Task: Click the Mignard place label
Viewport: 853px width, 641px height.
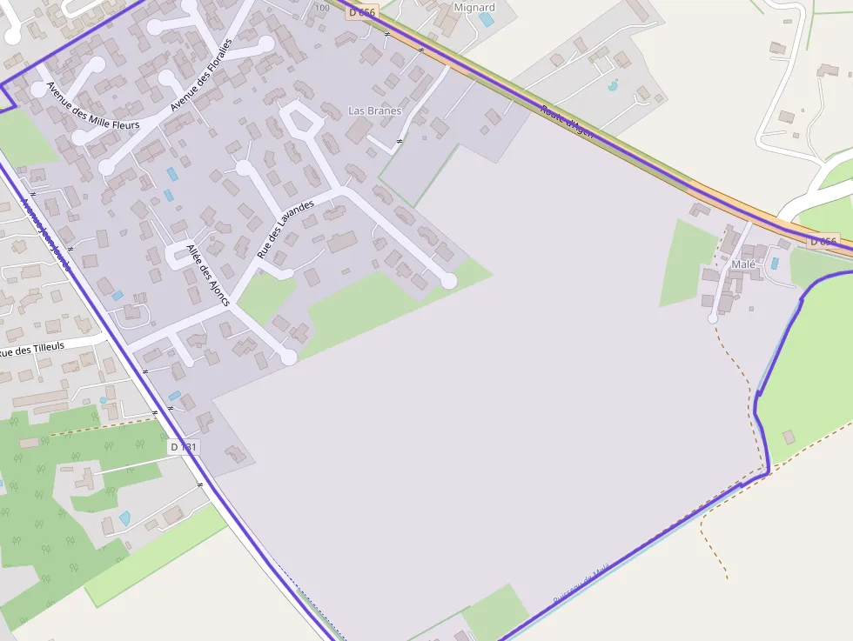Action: (475, 8)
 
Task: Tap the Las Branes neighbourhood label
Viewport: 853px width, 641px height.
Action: (374, 110)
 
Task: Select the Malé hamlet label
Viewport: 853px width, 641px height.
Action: (743, 264)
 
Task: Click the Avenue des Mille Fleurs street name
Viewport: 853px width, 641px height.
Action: (93, 105)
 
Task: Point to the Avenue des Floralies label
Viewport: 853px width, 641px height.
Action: (202, 76)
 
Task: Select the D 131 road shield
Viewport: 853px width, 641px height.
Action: (185, 447)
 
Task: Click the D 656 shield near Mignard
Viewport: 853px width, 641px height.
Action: (362, 11)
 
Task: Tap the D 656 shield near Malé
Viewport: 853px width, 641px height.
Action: (823, 242)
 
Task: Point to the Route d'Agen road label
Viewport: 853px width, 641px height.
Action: (567, 122)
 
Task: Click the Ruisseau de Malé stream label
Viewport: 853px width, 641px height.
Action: (584, 582)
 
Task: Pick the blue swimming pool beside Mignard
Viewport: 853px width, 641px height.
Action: (486, 19)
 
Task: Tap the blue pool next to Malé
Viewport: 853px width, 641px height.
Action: (775, 263)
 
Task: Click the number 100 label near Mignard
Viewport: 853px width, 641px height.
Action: (322, 8)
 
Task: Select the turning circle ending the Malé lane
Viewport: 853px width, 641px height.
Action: (713, 319)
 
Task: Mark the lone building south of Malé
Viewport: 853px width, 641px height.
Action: (789, 437)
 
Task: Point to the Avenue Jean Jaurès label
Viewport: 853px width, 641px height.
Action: (45, 234)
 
